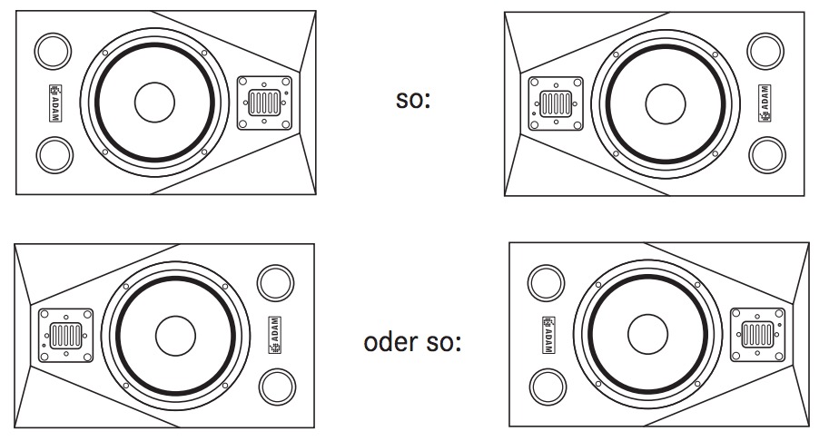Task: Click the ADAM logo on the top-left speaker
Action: [54, 103]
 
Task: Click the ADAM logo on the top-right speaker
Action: [765, 102]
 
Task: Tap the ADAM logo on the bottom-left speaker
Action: [274, 334]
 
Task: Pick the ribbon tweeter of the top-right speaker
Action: [554, 102]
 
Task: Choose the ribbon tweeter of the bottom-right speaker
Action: [756, 334]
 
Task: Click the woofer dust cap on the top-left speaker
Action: [154, 103]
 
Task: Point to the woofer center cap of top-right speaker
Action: [664, 102]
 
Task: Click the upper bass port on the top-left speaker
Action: [53, 51]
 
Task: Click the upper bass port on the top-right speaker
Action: [766, 50]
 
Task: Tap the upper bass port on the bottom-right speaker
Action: [546, 282]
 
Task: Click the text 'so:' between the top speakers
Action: [413, 100]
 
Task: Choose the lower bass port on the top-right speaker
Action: [766, 154]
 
